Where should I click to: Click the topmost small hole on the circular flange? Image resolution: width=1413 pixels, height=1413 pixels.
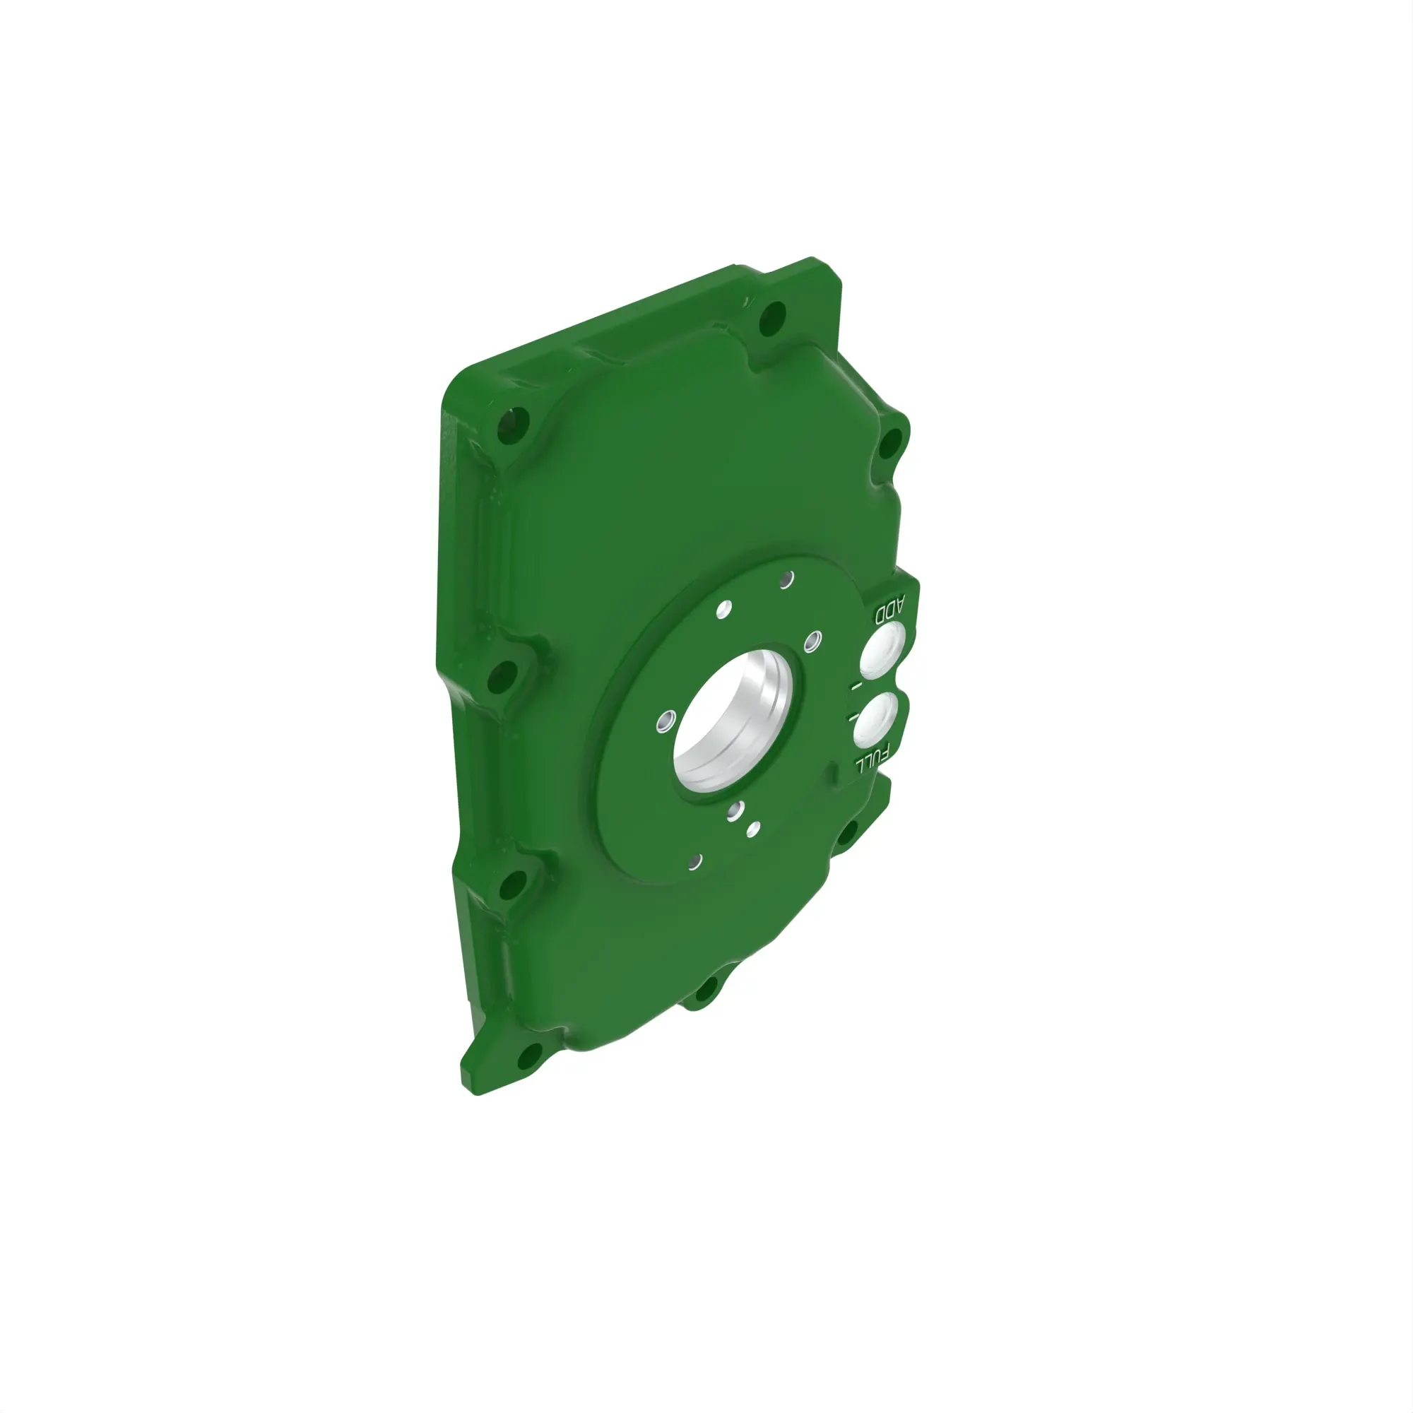coord(786,580)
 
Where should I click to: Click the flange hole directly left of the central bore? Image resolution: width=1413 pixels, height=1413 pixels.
coord(664,722)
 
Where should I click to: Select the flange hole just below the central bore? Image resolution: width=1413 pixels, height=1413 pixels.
coord(736,809)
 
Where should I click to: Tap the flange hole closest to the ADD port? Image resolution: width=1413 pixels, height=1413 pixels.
coord(812,642)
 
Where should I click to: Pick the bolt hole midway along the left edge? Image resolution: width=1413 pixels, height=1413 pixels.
coord(499,676)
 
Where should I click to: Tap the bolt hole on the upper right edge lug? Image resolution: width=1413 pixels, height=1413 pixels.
coord(890,442)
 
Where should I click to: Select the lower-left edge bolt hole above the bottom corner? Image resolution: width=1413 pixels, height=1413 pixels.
coord(512,886)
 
